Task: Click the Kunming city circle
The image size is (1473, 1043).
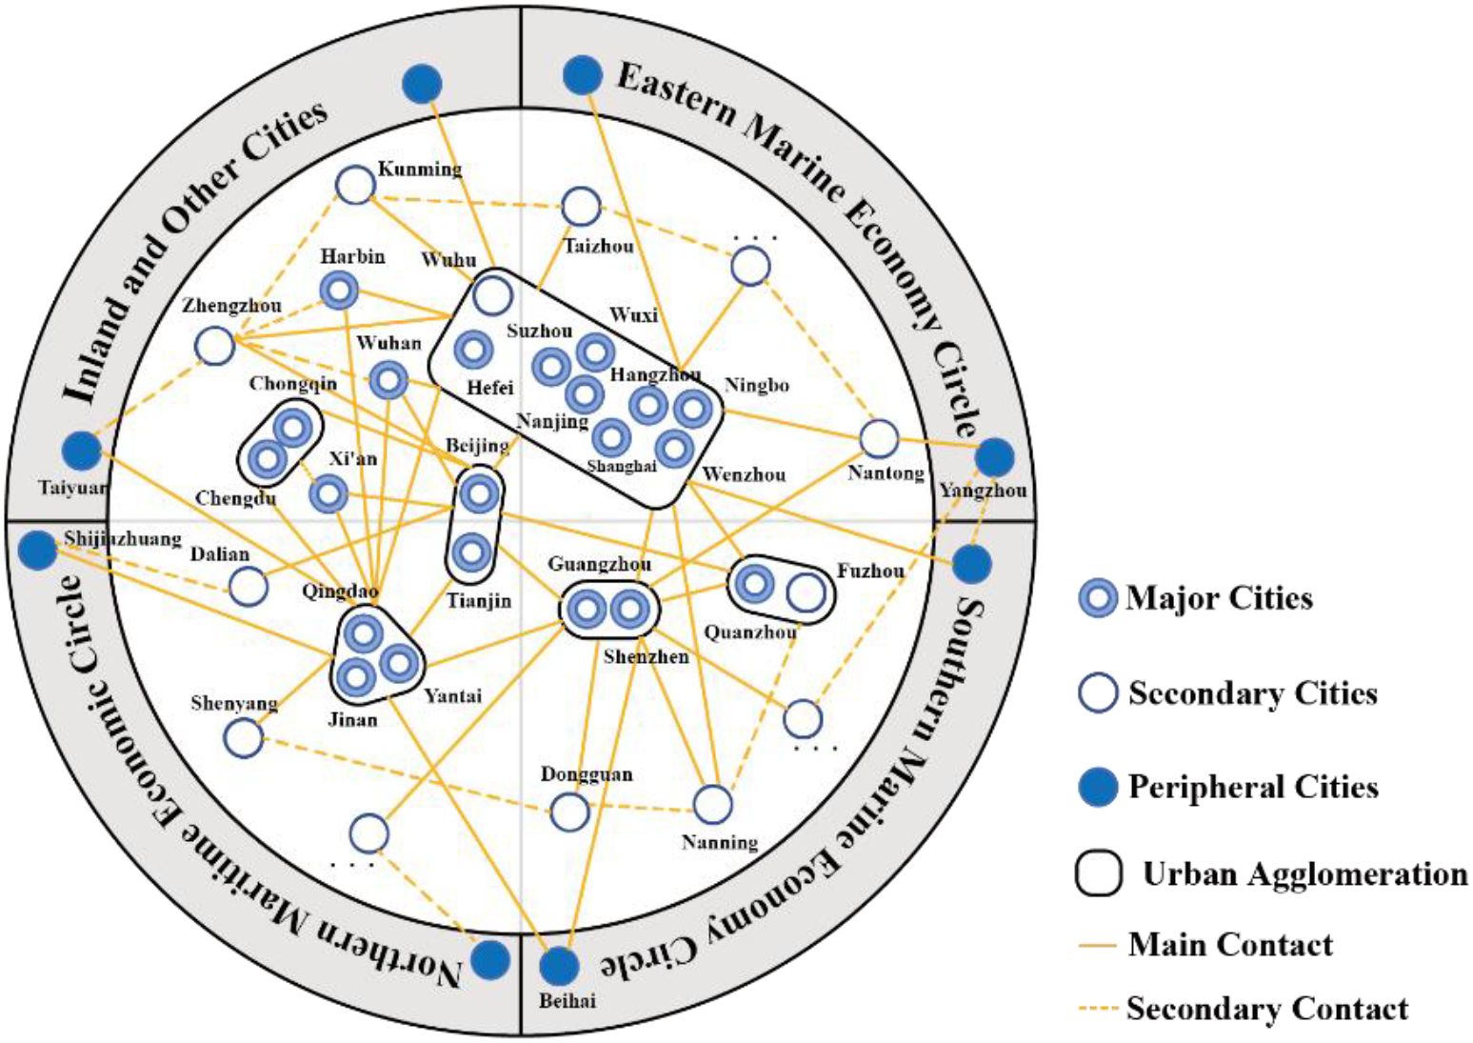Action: (356, 185)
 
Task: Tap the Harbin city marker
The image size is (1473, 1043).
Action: (339, 291)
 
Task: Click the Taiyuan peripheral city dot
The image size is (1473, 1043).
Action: (81, 451)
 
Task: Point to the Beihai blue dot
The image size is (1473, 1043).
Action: (559, 966)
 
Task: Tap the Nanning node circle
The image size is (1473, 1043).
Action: (712, 805)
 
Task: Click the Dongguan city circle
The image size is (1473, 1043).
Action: (570, 812)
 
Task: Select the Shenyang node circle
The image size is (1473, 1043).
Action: (244, 737)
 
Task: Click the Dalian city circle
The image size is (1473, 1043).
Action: (249, 587)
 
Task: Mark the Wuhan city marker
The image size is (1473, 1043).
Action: (388, 381)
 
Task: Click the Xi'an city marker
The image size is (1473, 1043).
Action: (329, 494)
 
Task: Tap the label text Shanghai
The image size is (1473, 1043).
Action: (622, 467)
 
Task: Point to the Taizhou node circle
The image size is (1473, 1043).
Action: (581, 207)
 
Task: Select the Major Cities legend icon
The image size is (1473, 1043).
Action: (1098, 599)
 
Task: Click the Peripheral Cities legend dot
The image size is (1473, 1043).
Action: (1098, 788)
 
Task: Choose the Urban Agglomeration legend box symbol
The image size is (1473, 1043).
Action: (1099, 873)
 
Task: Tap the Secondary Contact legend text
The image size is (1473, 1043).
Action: (1266, 1008)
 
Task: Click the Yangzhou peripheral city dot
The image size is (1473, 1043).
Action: (996, 458)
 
